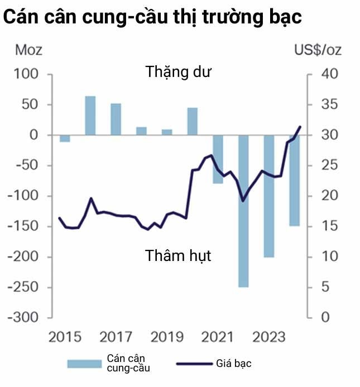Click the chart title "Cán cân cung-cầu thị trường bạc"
click(152, 17)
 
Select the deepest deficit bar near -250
click(243, 212)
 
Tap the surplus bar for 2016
click(90, 115)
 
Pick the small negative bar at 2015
click(65, 138)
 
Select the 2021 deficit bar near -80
click(218, 159)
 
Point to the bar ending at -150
click(294, 181)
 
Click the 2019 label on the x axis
click(167, 337)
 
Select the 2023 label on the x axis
click(270, 337)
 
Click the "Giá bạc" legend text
click(234, 364)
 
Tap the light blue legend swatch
click(84, 364)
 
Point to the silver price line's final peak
click(300, 127)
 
